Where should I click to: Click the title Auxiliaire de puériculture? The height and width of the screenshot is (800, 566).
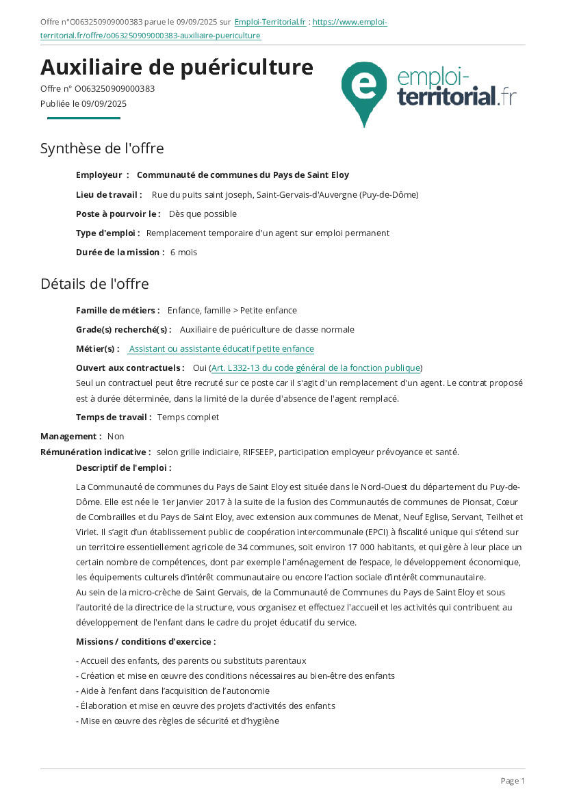[177, 67]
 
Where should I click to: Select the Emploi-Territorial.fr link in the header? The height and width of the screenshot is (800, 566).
[270, 22]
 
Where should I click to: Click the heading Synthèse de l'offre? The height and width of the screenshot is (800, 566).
[102, 149]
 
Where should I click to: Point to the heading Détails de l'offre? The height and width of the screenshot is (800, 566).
[94, 283]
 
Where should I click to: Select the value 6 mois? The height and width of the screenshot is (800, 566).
[183, 253]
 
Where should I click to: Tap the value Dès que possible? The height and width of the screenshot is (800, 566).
[203, 214]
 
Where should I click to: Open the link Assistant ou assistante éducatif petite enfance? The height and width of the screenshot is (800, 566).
[221, 349]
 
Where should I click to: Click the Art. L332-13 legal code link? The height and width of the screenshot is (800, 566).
[316, 368]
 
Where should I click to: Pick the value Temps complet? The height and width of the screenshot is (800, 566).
[188, 417]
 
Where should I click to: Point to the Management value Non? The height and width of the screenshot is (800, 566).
[116, 437]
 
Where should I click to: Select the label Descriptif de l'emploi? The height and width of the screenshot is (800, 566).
[123, 468]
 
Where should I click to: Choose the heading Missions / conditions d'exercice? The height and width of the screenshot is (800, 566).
[146, 642]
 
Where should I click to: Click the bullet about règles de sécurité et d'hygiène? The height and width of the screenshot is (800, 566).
[177, 721]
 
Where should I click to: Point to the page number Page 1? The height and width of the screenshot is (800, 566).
[513, 781]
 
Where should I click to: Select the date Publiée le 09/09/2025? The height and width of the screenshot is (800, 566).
[83, 104]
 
